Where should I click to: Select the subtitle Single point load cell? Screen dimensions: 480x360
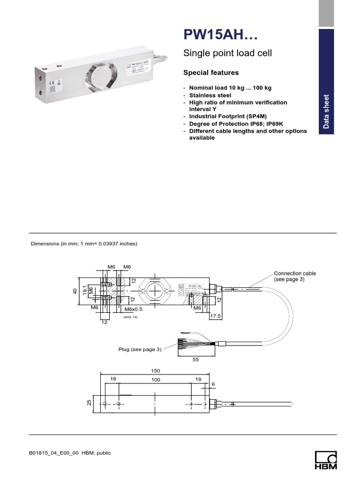[x=227, y=53]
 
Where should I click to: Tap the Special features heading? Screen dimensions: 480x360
[x=210, y=73]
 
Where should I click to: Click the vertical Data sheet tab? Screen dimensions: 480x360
[x=327, y=112]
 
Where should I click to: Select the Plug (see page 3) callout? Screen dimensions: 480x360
[x=139, y=349]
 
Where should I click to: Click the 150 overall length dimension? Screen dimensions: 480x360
[x=155, y=370]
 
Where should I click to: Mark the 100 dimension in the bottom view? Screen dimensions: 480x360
[x=156, y=380]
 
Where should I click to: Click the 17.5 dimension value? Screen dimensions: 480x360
[x=216, y=316]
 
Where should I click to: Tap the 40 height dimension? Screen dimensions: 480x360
[x=75, y=291]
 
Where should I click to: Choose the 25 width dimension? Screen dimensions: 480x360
[x=90, y=404]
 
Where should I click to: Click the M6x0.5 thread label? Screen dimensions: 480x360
[x=134, y=309]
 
